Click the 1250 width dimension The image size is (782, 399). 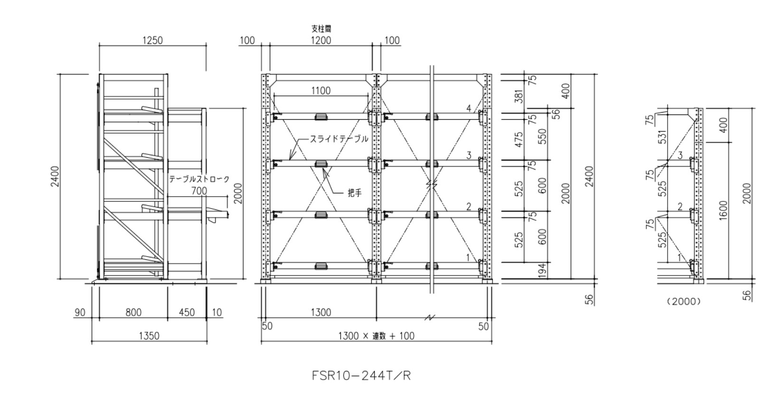tap(152, 40)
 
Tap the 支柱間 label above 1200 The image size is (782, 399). tap(321, 29)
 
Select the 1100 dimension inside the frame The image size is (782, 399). tap(321, 90)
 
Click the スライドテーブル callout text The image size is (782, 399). tap(339, 139)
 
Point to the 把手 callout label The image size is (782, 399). tap(355, 193)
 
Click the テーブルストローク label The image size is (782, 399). tap(199, 179)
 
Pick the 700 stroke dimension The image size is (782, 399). tap(199, 191)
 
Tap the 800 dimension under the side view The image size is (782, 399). tap(133, 313)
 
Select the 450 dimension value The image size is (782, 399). tap(187, 313)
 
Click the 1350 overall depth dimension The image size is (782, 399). tap(149, 336)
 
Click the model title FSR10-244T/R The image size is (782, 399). tap(361, 376)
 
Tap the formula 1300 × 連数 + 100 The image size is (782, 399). tap(376, 336)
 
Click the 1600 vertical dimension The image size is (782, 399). tap(724, 210)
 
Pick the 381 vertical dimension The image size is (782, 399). tap(519, 96)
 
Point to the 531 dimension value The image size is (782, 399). tap(663, 136)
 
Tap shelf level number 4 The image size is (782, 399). tap(469, 109)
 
